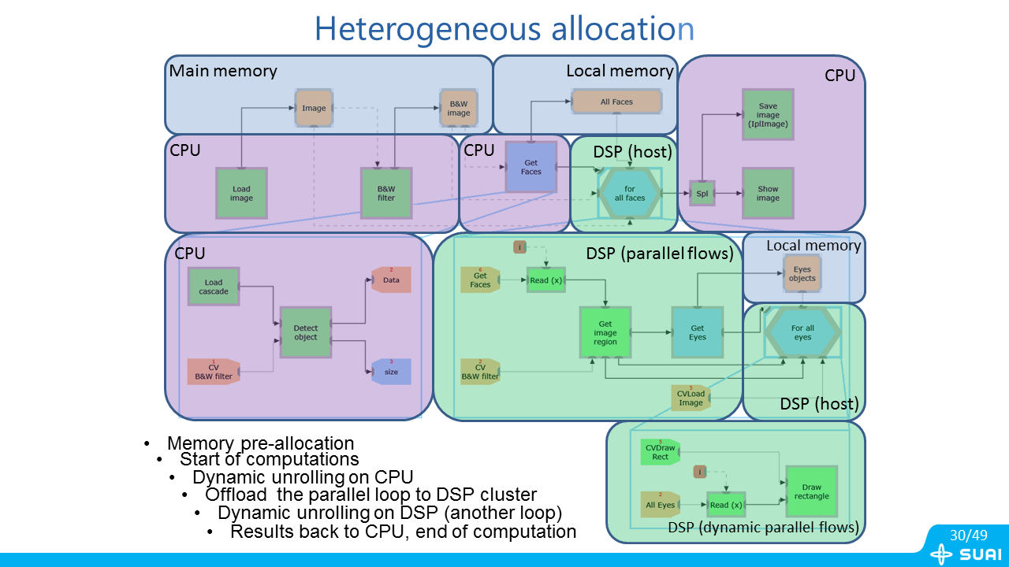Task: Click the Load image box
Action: (x=241, y=193)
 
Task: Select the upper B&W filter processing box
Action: (x=386, y=193)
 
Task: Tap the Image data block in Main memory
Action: (x=314, y=108)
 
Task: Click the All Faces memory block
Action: (x=616, y=102)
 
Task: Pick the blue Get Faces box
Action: (x=531, y=167)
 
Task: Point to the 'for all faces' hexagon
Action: (x=630, y=193)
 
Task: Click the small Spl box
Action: (x=702, y=193)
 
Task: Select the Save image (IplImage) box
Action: (x=768, y=115)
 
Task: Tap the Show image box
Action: (x=768, y=193)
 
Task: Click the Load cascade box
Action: (x=214, y=287)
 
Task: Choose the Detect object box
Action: (x=306, y=332)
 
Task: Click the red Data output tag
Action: (x=391, y=280)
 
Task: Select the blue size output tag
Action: (x=391, y=371)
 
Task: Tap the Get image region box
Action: (x=605, y=332)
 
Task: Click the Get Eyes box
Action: (x=697, y=332)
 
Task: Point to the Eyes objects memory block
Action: (x=802, y=273)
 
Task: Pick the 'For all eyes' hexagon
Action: (x=802, y=332)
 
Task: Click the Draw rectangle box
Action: (x=811, y=491)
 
